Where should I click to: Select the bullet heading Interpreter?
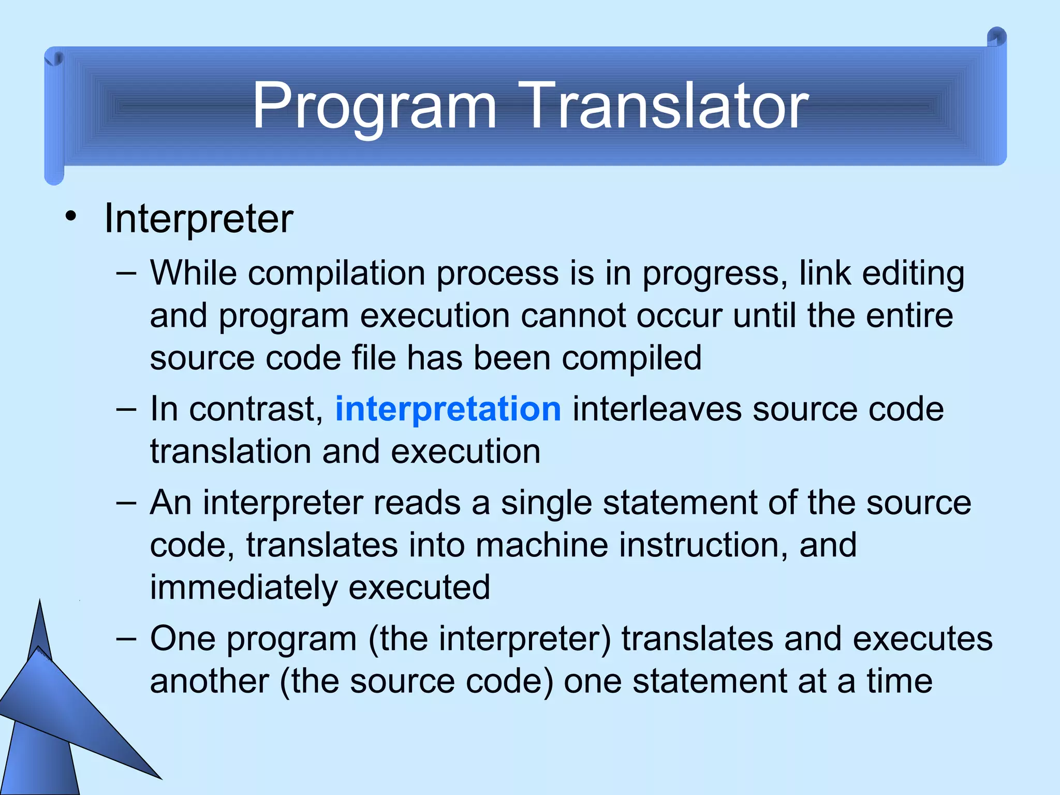coord(198,219)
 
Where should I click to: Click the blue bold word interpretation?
coord(448,409)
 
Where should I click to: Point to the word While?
coord(193,273)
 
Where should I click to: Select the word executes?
coord(922,639)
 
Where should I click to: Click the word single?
coord(546,503)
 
